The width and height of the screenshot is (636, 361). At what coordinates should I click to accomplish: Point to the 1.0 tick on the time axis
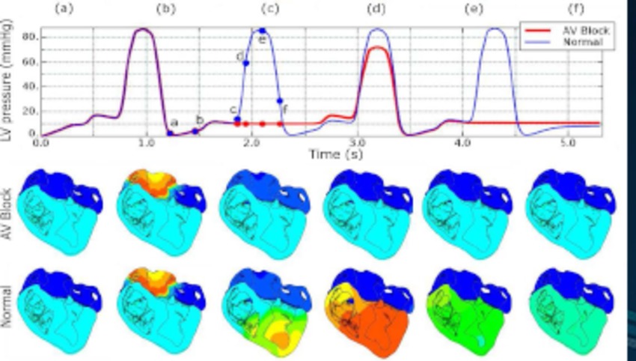[147, 142]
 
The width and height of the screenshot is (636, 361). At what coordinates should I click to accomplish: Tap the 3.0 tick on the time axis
[358, 142]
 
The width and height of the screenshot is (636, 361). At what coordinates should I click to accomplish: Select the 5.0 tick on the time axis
[568, 142]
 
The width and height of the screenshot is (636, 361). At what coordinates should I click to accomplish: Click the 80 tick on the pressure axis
[32, 35]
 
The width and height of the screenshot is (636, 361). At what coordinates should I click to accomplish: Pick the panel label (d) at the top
[376, 10]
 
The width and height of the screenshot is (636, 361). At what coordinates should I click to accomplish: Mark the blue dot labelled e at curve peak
[262, 31]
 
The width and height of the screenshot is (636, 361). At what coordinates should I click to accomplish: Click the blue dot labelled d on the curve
[245, 64]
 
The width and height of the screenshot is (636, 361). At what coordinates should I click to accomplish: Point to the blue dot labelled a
[170, 133]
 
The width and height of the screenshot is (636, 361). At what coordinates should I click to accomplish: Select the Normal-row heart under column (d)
[368, 309]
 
